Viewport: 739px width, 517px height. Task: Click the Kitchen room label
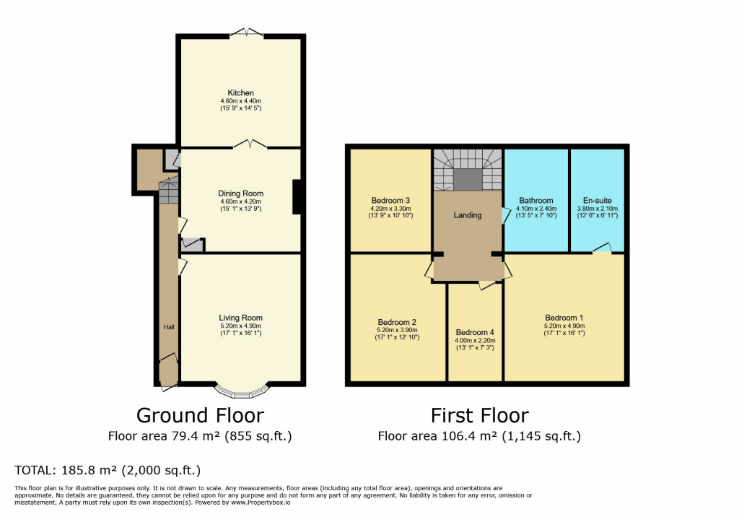(240, 93)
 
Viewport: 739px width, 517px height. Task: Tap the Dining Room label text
(240, 194)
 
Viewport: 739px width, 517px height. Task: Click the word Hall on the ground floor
(168, 327)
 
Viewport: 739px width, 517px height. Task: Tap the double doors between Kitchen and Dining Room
(250, 144)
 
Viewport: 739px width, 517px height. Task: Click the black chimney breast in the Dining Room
(297, 197)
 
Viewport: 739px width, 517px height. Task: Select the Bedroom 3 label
(390, 201)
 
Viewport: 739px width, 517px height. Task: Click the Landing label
(468, 214)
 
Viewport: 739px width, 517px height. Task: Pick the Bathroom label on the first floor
(536, 201)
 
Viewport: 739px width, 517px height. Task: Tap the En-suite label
(598, 201)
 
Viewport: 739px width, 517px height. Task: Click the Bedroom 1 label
(564, 318)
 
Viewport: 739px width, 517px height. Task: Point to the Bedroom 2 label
(397, 322)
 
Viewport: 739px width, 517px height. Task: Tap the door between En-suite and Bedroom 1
(600, 249)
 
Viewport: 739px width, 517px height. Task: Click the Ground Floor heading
(200, 415)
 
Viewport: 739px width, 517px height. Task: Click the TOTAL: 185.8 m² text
(108, 470)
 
